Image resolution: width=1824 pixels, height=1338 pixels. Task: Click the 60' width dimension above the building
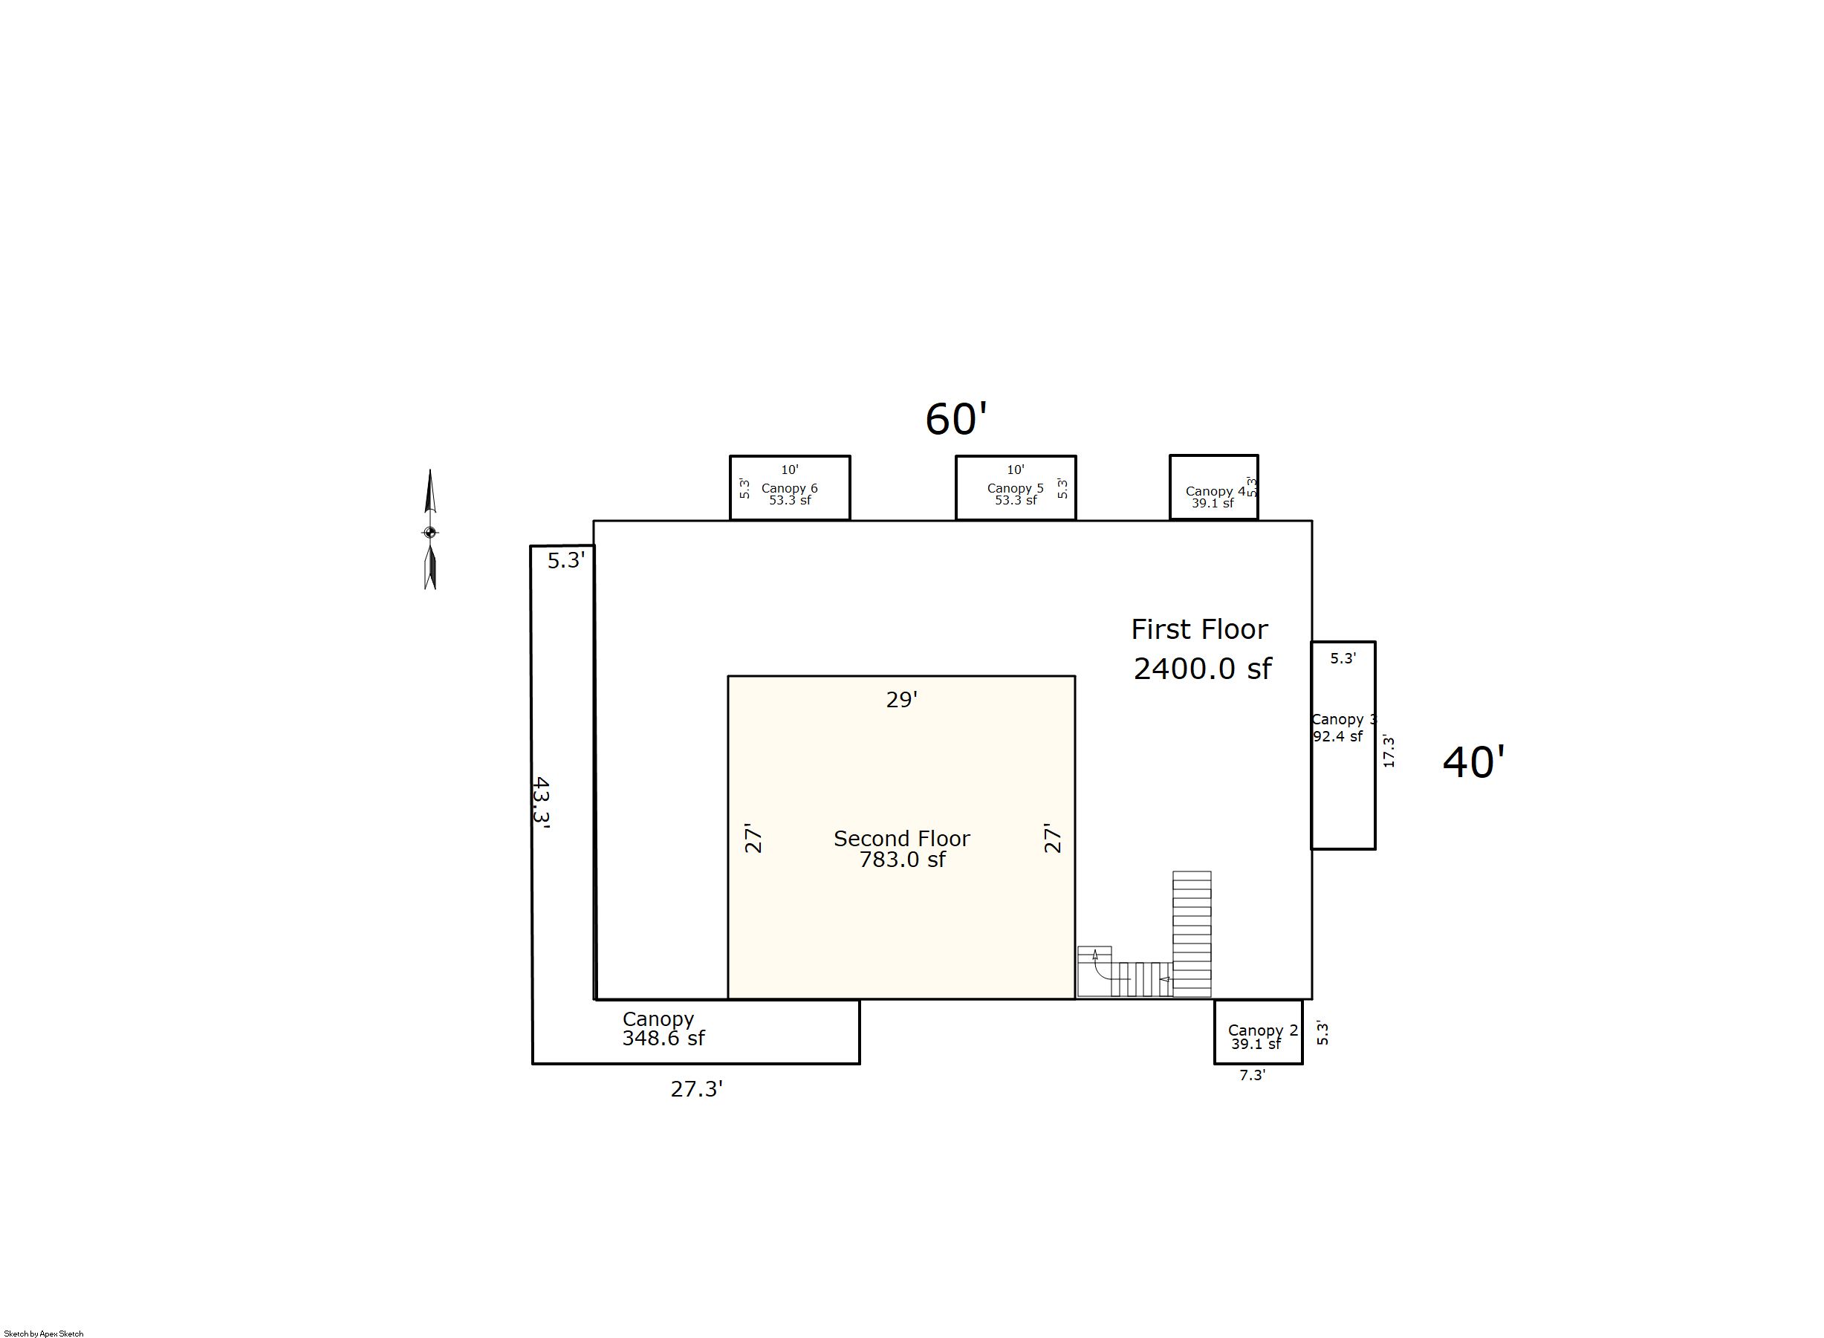(x=955, y=420)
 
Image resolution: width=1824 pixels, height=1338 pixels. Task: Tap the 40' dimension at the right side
(x=1473, y=763)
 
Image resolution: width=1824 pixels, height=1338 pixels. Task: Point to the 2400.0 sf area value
(x=1202, y=668)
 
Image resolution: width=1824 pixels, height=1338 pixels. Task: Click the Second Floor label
(x=901, y=838)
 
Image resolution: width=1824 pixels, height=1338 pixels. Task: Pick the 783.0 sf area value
(x=902, y=860)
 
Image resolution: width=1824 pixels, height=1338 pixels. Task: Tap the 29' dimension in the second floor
(x=901, y=699)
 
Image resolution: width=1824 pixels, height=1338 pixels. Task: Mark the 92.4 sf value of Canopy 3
(x=1337, y=736)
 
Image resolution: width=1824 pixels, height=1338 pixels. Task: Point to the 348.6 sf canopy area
(x=663, y=1039)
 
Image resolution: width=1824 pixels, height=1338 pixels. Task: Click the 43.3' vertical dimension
(x=541, y=800)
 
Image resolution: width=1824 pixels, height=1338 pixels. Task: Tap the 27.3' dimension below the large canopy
(x=697, y=1089)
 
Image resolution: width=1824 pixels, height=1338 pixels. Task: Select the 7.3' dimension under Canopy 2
(x=1252, y=1076)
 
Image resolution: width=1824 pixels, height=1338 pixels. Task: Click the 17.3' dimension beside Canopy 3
(x=1389, y=751)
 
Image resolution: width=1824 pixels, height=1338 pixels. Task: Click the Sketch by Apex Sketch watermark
(x=44, y=1333)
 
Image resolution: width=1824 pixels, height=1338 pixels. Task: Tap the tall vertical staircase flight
(x=1192, y=934)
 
